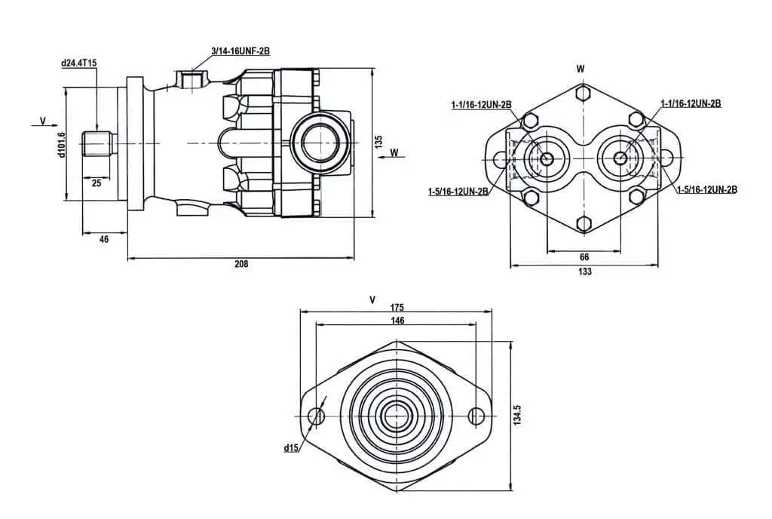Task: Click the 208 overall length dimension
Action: pos(241,264)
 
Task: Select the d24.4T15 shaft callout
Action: pos(78,63)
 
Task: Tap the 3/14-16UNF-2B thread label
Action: pos(240,51)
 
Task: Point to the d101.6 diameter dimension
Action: pos(62,145)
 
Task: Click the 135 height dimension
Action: pos(378,142)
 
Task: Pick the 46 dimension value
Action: pos(104,239)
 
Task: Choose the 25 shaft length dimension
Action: pos(96,183)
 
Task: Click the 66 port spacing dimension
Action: pos(584,257)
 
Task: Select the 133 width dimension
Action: pos(585,272)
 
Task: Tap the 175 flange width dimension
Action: pos(397,307)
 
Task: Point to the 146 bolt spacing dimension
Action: pos(397,321)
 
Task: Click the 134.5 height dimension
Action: pos(517,416)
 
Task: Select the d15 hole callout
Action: pos(291,448)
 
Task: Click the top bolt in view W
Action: pos(584,93)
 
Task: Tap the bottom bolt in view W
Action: pos(584,224)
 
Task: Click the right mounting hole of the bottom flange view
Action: pos(476,416)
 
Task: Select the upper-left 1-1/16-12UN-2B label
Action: pos(482,105)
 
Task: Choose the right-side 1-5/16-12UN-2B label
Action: pos(707,189)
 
